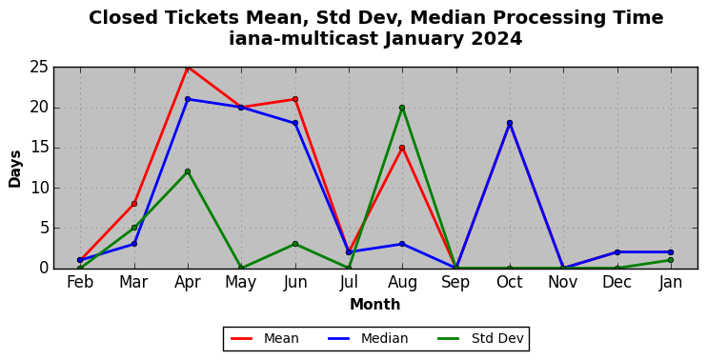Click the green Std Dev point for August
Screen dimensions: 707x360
(402, 108)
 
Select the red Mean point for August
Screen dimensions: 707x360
(402, 148)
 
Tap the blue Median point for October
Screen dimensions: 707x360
(510, 123)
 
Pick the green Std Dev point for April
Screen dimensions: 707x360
(188, 171)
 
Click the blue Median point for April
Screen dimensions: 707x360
(188, 99)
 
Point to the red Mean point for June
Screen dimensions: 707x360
(294, 99)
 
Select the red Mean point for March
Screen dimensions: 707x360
(134, 204)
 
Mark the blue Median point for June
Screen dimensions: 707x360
(294, 123)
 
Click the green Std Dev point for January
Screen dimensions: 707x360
(671, 260)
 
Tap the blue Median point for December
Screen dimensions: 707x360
(616, 252)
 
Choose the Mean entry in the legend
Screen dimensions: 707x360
(264, 338)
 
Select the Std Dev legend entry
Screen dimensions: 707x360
(480, 338)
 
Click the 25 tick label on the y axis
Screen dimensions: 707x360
(39, 68)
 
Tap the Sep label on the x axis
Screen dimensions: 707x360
(455, 283)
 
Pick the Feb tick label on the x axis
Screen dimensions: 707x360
(80, 283)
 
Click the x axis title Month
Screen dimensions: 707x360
(374, 304)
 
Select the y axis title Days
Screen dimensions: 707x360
(15, 169)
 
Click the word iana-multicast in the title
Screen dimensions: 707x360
(304, 38)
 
